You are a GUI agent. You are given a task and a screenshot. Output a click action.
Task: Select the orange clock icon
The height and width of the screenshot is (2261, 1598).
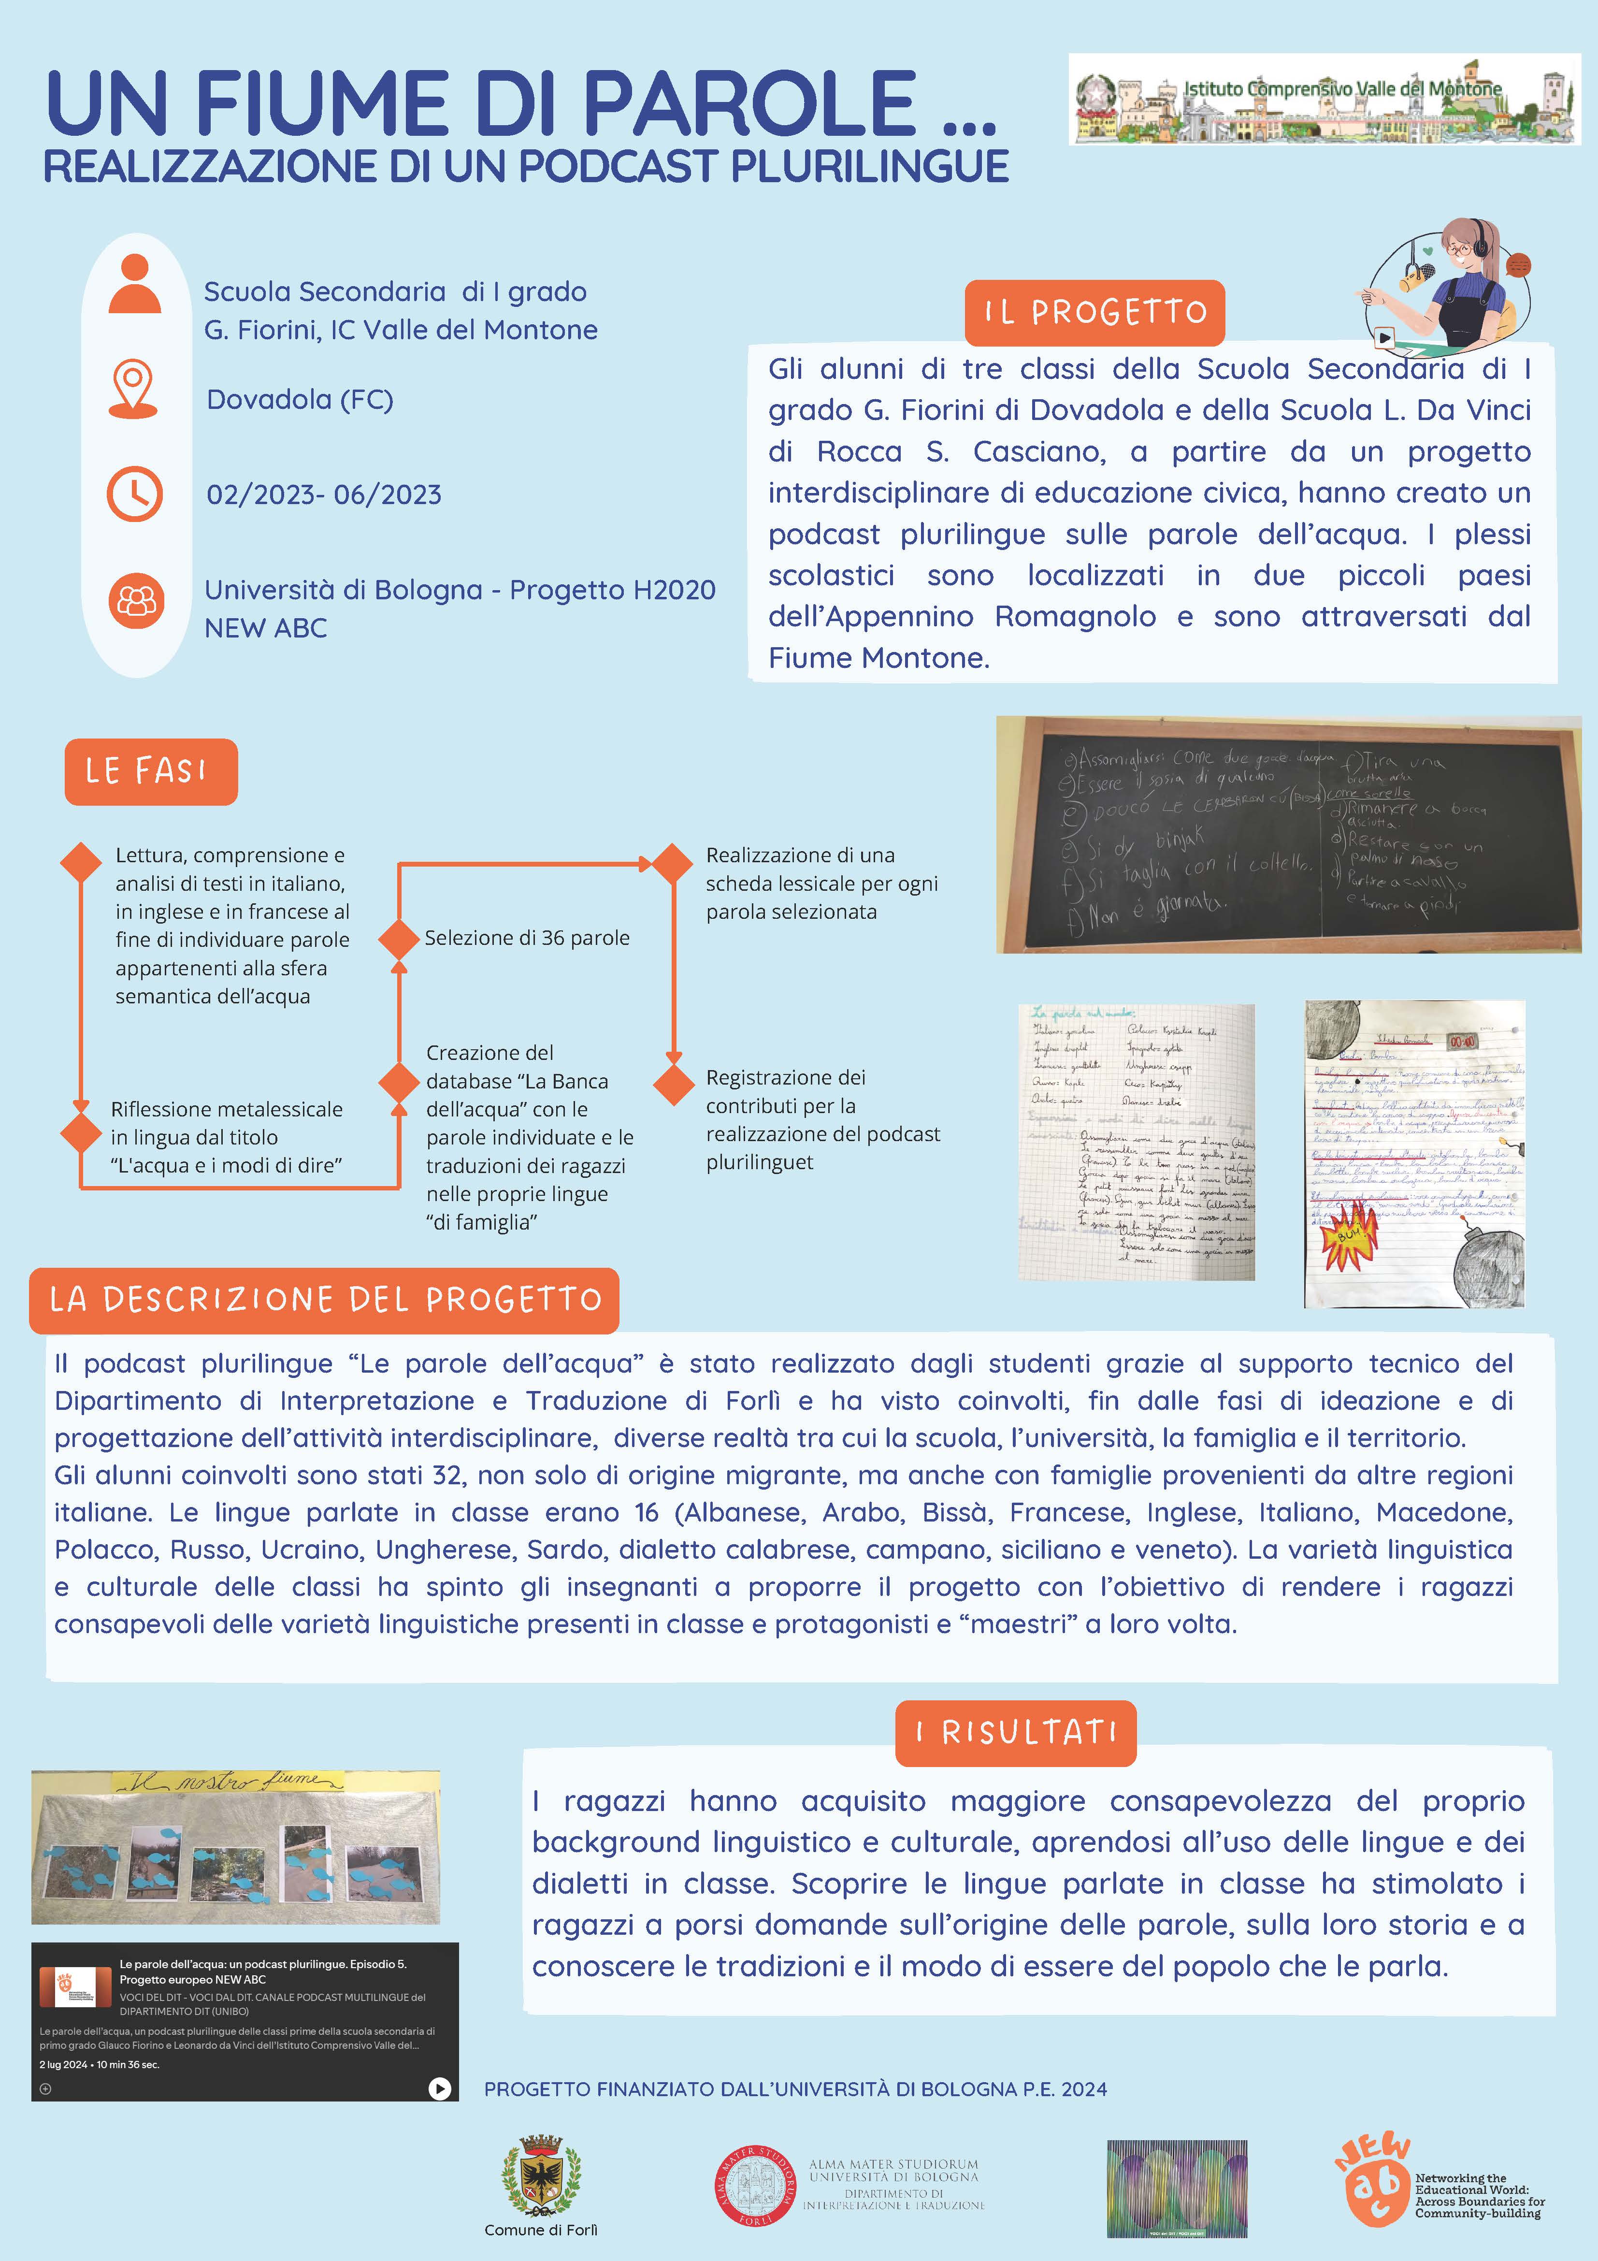click(x=135, y=493)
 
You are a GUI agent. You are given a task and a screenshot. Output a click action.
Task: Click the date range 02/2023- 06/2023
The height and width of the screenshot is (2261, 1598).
click(x=324, y=494)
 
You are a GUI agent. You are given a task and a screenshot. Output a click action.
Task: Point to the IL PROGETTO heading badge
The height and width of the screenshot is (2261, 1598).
click(x=1095, y=312)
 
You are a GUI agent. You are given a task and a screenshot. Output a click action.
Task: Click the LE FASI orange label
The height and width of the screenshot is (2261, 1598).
click(x=151, y=771)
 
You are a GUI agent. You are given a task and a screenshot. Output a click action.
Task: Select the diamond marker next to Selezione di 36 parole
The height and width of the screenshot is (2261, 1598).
click(x=399, y=939)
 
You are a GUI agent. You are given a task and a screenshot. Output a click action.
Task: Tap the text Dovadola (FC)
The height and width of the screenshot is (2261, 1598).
click(x=299, y=400)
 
